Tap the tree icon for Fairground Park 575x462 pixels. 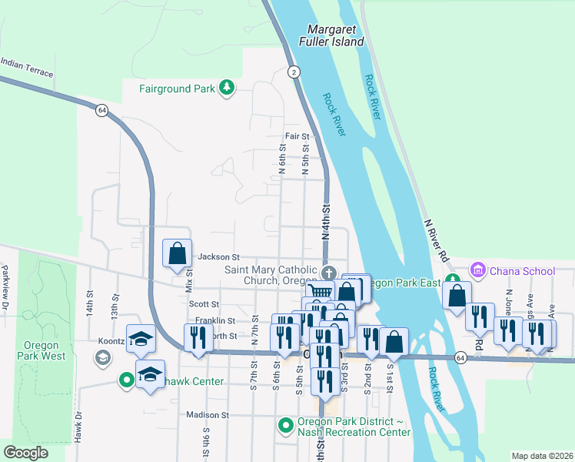click(226, 89)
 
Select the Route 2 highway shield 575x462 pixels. click(294, 72)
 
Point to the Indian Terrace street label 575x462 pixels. click(27, 68)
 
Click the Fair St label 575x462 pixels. click(297, 136)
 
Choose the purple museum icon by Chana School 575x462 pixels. click(478, 270)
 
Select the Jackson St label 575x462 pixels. click(219, 257)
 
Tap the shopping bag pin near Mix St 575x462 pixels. click(178, 253)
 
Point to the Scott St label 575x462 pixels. click(204, 304)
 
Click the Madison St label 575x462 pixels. click(208, 414)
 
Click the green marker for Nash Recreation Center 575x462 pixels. click(285, 425)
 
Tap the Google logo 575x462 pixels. click(26, 453)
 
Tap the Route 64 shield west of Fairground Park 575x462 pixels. click(101, 110)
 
